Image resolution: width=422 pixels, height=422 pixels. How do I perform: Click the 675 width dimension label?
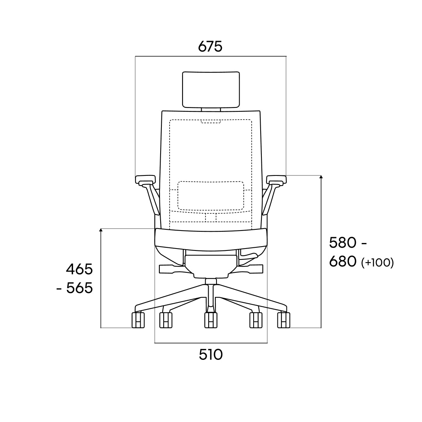tap(210, 46)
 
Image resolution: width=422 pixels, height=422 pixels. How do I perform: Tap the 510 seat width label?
tap(211, 354)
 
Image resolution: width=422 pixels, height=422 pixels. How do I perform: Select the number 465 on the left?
tap(79, 269)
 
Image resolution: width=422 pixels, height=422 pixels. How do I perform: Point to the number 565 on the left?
tap(79, 288)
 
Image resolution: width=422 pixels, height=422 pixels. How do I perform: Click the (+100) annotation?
tap(377, 262)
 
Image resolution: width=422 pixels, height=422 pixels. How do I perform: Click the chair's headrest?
tap(211, 89)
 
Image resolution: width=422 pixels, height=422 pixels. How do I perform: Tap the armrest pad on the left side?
tap(145, 179)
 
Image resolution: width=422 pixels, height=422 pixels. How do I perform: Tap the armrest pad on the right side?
tap(276, 179)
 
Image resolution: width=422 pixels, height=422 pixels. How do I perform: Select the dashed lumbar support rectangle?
tap(211, 196)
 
